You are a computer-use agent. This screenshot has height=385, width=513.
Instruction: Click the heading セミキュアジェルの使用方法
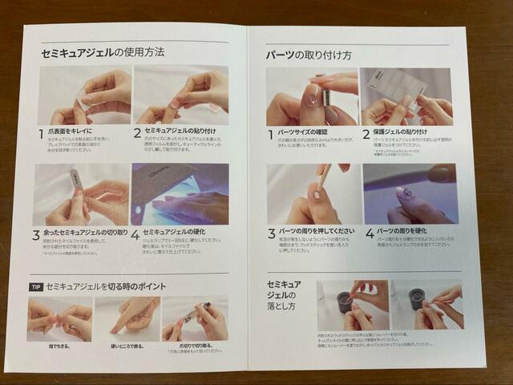coord(103,54)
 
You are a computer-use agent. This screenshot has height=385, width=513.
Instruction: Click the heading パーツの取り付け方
coord(309,55)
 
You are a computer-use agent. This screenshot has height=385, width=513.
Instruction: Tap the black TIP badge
coord(35,286)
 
